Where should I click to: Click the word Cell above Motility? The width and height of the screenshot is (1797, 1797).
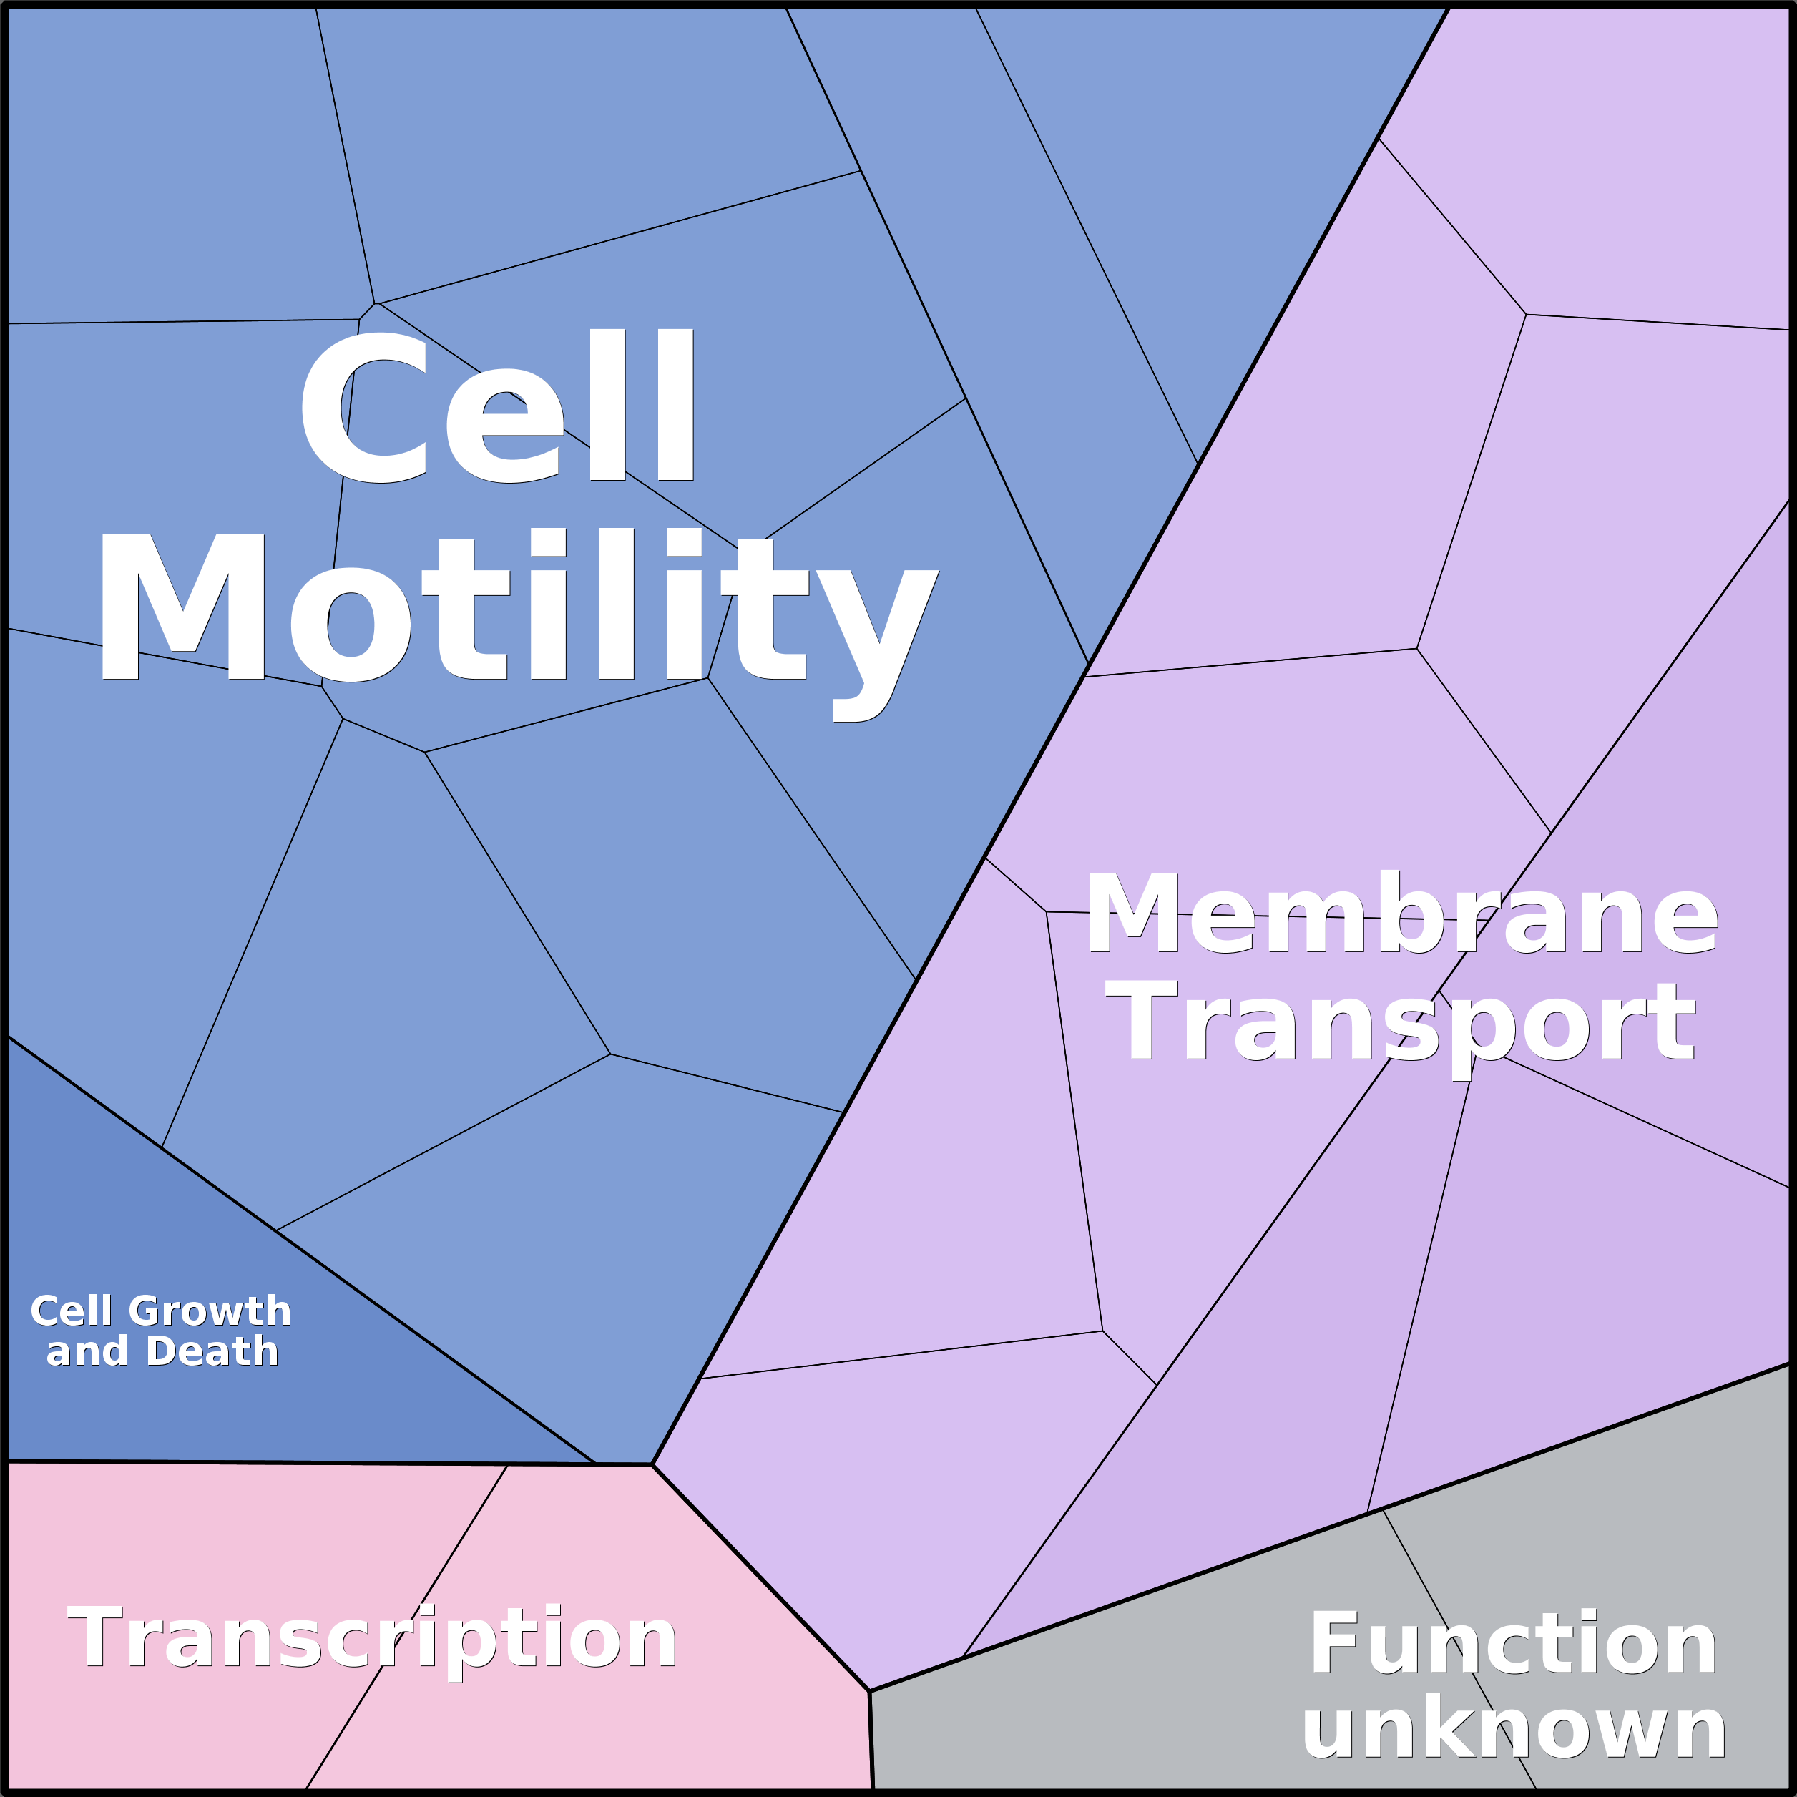click(498, 406)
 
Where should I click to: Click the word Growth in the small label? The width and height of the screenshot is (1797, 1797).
click(210, 1311)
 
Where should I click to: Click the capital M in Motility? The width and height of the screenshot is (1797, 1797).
click(183, 607)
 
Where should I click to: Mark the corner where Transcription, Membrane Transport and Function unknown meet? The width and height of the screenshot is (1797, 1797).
click(870, 1691)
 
